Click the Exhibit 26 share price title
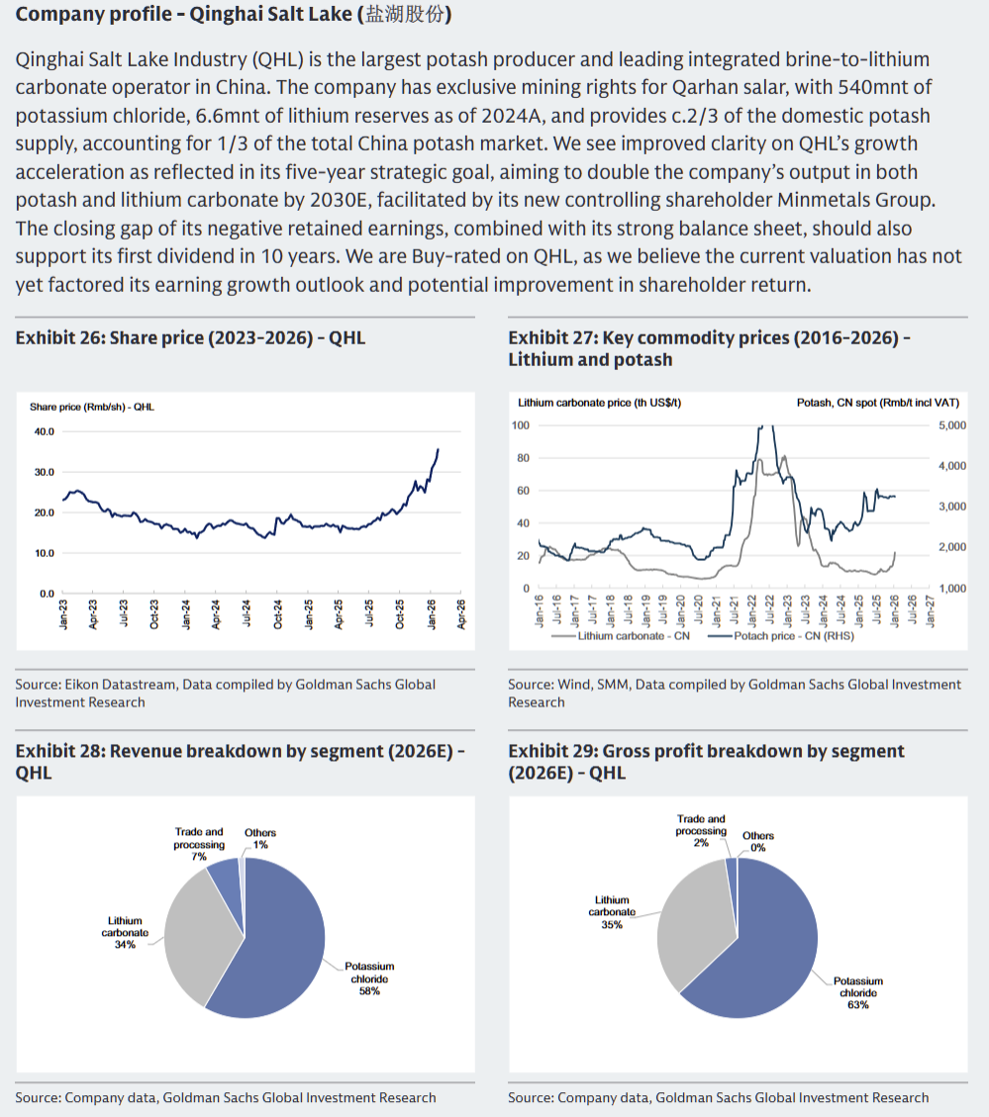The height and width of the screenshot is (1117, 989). (x=190, y=337)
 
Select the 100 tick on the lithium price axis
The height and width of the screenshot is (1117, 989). (x=521, y=425)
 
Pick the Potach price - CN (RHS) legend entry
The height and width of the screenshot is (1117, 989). (x=793, y=636)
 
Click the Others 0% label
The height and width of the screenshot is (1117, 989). (x=758, y=842)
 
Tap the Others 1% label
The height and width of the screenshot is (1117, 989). (x=260, y=839)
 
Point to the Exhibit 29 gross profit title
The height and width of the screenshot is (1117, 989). (x=706, y=761)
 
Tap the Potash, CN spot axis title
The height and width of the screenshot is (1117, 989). (x=877, y=403)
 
